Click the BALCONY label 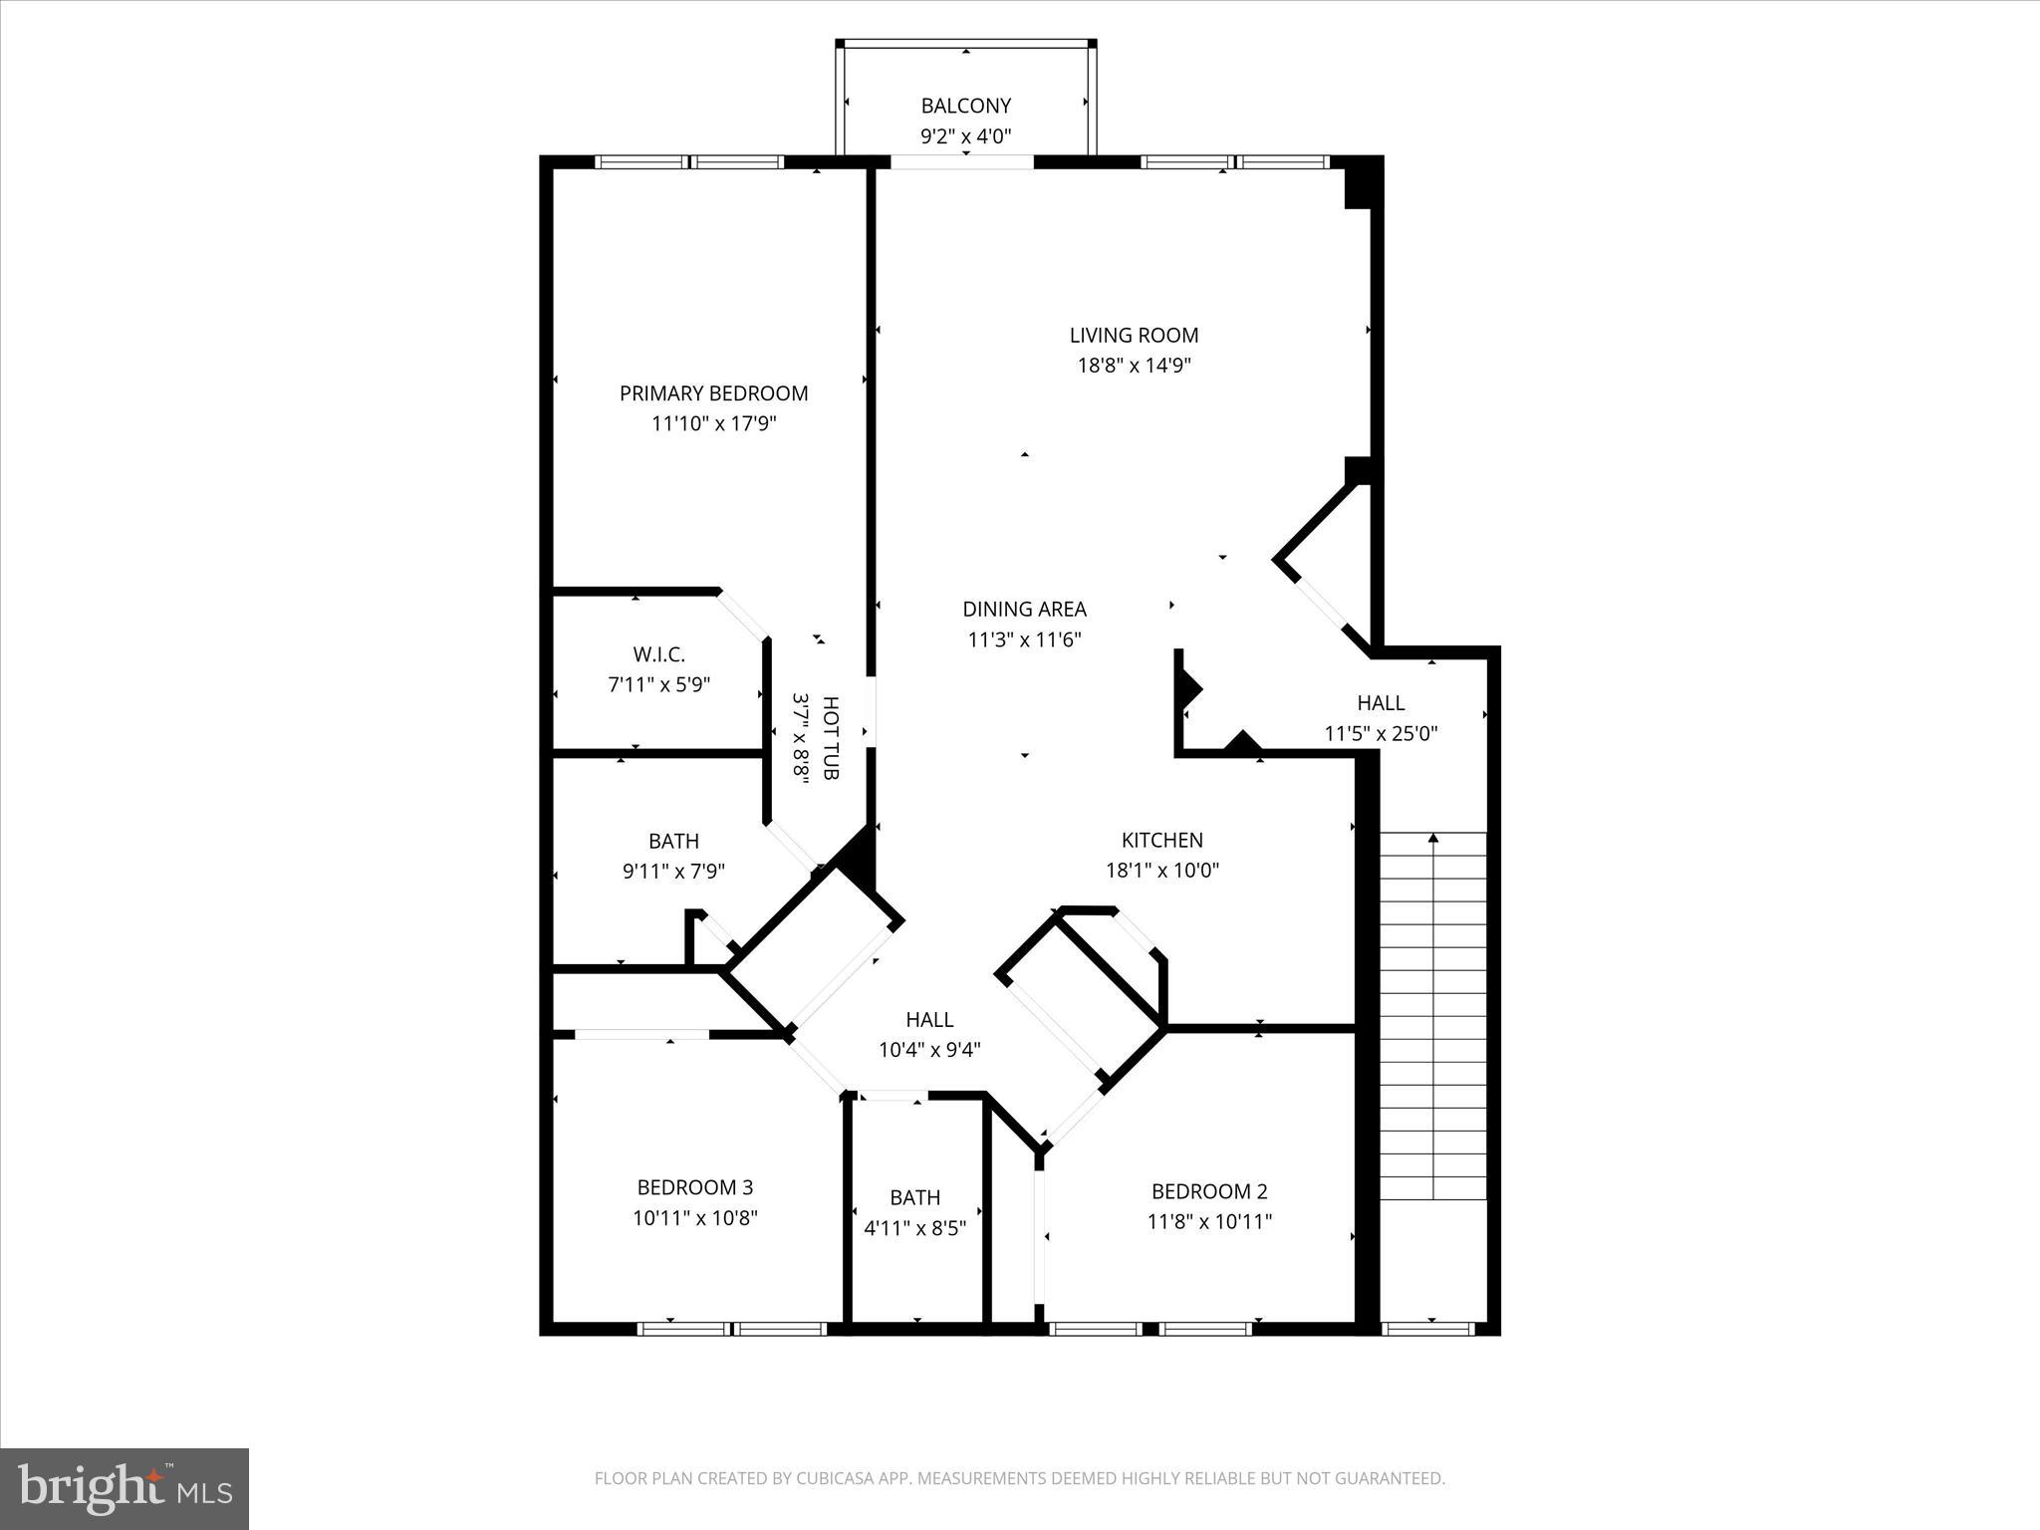[x=965, y=106]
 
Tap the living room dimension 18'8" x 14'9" [x=1134, y=366]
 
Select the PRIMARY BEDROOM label [x=713, y=393]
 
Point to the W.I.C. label [x=658, y=654]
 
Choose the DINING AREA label [x=1024, y=609]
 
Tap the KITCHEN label [x=1161, y=840]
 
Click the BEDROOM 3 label [x=694, y=1187]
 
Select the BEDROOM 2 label [x=1209, y=1191]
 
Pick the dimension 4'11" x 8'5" [x=914, y=1228]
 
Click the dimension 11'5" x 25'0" [x=1381, y=734]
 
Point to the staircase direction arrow [x=1433, y=839]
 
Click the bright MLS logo [x=125, y=1488]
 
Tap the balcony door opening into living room [x=962, y=162]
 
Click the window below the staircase [x=1427, y=1328]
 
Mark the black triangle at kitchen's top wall [x=1242, y=742]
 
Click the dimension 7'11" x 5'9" [x=658, y=685]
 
